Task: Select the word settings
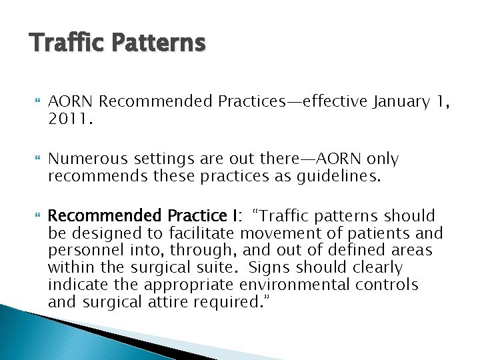[154, 159]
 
